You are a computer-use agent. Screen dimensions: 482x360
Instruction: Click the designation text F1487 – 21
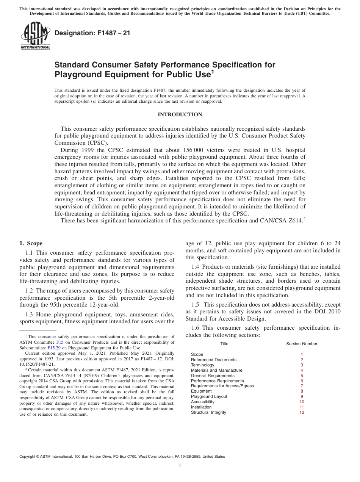pyautogui.click(x=92, y=33)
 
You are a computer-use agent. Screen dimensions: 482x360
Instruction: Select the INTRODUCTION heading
pyautogui.click(x=180, y=114)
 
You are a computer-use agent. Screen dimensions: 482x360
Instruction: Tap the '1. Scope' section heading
pyautogui.click(x=31, y=243)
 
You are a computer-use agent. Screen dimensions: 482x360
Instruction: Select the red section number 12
pyautogui.click(x=302, y=412)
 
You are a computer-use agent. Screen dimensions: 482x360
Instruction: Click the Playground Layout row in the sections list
pyautogui.click(x=209, y=396)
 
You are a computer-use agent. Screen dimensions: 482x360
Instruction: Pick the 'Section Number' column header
pyautogui.click(x=302, y=344)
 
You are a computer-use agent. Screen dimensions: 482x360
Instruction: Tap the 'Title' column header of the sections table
pyautogui.click(x=224, y=344)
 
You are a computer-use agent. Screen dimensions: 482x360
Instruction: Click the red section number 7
pyautogui.click(x=302, y=386)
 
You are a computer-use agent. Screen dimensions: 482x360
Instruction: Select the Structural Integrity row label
pyautogui.click(x=208, y=412)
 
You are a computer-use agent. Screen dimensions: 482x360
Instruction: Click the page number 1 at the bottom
pyautogui.click(x=180, y=466)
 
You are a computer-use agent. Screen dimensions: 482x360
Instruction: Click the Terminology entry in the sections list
pyautogui.click(x=202, y=365)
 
